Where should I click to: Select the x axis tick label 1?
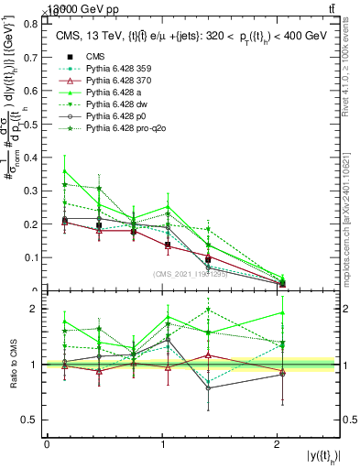coord(162,443)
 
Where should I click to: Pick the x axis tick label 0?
coord(47,443)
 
